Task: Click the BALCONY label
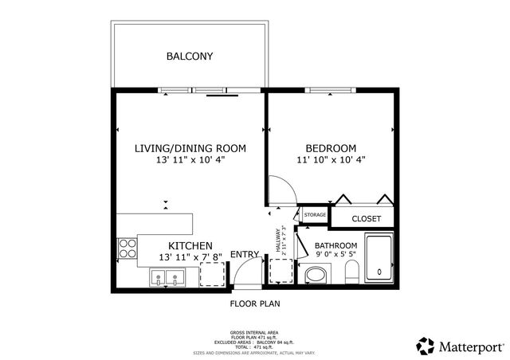tap(190, 56)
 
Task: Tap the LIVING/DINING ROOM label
tap(190, 148)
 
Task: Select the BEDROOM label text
tap(331, 148)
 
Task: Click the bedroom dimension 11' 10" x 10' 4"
tap(331, 160)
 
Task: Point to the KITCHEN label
tap(190, 245)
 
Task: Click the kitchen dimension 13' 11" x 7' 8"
tap(190, 257)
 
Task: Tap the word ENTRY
tap(245, 255)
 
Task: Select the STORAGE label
tap(315, 215)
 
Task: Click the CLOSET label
tap(366, 218)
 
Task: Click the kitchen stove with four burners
tap(127, 249)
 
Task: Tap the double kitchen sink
tap(167, 279)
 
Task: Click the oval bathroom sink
tap(316, 276)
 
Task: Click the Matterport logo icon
tap(425, 345)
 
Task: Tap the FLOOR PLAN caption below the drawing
tap(255, 303)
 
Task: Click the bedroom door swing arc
tap(280, 189)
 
